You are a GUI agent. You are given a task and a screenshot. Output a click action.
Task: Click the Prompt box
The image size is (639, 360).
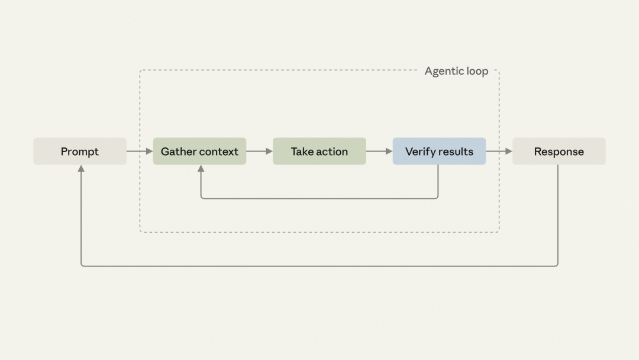point(80,151)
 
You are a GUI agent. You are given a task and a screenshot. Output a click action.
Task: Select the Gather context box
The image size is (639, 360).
point(200,151)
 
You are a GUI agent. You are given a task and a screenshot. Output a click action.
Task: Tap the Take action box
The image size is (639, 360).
point(319,151)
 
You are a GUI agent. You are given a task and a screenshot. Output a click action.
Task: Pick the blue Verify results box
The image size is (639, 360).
point(439,151)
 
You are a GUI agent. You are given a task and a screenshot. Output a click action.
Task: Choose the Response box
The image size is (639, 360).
point(559,151)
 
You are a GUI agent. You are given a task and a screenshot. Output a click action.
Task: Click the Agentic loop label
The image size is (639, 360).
point(456,71)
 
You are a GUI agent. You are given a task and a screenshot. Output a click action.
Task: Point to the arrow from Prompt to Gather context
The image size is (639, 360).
point(140,151)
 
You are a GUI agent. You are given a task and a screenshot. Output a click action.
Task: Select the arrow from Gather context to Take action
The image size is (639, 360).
point(260,151)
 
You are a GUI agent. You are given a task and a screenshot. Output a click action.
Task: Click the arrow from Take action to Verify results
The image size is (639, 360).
point(379,151)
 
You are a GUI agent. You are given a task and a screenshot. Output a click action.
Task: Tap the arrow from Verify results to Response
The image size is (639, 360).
point(499,151)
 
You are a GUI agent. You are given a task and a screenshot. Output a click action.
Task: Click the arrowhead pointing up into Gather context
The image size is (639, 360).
point(201,168)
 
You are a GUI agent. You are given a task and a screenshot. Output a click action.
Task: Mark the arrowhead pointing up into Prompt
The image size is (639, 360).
point(81,168)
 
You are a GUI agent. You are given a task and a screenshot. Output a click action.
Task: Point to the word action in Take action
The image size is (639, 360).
point(332,152)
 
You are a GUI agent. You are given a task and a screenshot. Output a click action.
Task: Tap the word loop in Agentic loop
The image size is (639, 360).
point(477,72)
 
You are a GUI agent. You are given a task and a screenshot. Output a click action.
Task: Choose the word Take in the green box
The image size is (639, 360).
point(302,152)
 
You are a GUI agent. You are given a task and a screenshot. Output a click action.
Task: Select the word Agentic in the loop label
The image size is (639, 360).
point(444,72)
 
